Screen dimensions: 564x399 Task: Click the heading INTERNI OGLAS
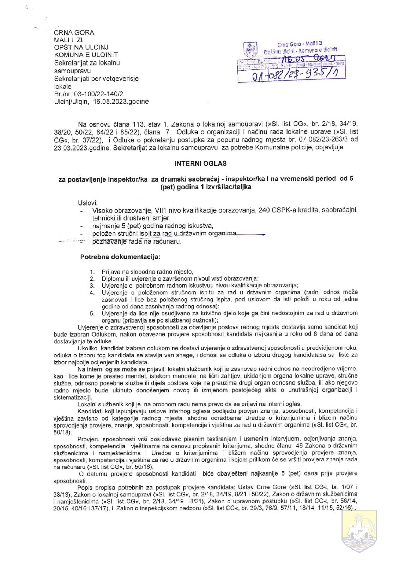pyautogui.click(x=200, y=164)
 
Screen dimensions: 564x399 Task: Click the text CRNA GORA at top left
pyautogui.click(x=74, y=32)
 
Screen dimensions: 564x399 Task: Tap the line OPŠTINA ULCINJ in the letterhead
pyautogui.click(x=81, y=47)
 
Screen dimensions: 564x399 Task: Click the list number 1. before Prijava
pyautogui.click(x=92, y=272)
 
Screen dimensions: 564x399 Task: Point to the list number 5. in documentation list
pyautogui.click(x=92, y=313)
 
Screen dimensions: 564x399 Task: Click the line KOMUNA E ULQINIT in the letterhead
pyautogui.click(x=86, y=55)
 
